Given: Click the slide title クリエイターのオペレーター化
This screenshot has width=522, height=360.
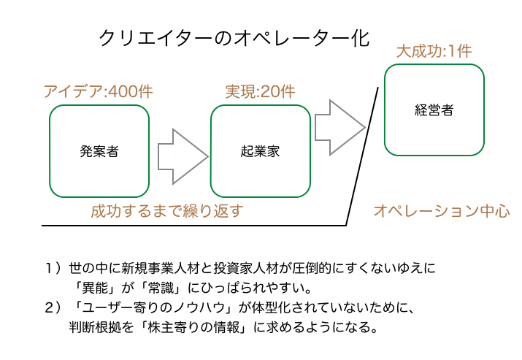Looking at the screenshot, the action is pyautogui.click(x=234, y=39).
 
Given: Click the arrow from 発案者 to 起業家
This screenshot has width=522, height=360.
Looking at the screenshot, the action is pyautogui.click(x=183, y=156).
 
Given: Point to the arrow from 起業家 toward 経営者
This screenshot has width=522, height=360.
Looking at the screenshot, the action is pyautogui.click(x=340, y=127).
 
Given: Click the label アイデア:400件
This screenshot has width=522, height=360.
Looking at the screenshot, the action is pyautogui.click(x=99, y=91).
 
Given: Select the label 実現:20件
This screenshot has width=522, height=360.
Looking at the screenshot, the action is pyautogui.click(x=261, y=91).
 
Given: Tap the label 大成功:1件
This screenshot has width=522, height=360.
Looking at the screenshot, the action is pyautogui.click(x=434, y=51).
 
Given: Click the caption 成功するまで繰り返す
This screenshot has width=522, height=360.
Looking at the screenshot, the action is pyautogui.click(x=167, y=211).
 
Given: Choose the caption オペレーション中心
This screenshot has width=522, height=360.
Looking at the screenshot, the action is pyautogui.click(x=442, y=211).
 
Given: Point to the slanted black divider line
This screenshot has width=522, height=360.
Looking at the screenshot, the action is pyautogui.click(x=362, y=156).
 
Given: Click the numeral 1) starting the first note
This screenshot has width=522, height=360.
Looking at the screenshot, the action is pyautogui.click(x=53, y=268).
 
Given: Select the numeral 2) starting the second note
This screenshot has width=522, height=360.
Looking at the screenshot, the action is pyautogui.click(x=53, y=307).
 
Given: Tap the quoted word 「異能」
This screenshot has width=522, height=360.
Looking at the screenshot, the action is pyautogui.click(x=91, y=288).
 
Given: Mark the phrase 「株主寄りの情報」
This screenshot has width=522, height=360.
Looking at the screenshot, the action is pyautogui.click(x=193, y=327).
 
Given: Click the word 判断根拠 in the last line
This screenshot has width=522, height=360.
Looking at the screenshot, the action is pyautogui.click(x=95, y=327).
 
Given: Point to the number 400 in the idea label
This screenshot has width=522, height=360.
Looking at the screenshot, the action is pyautogui.click(x=123, y=91).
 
